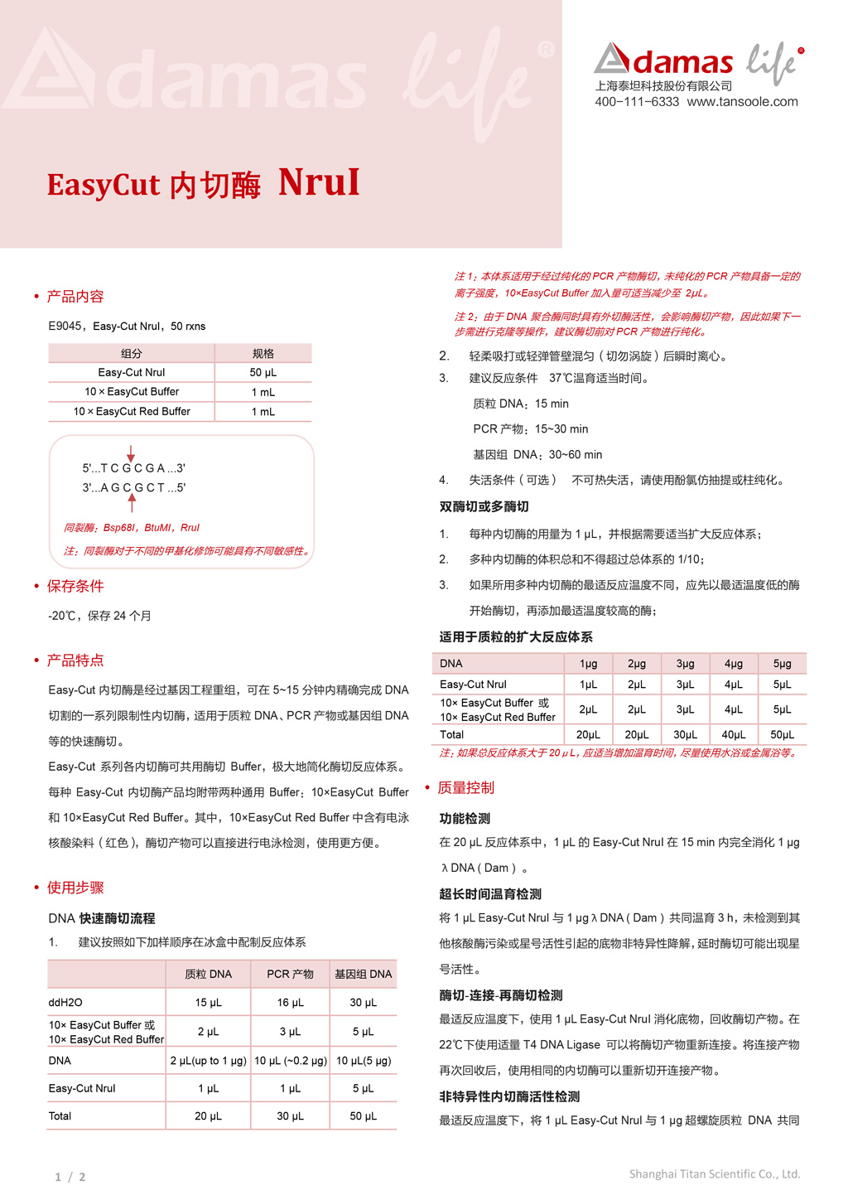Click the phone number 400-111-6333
click(636, 102)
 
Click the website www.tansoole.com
click(742, 102)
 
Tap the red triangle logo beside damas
click(611, 58)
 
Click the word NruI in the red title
click(319, 182)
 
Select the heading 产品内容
click(75, 297)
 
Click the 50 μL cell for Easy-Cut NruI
click(263, 373)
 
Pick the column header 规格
click(263, 354)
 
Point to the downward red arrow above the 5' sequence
click(131, 453)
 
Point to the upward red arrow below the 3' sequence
click(132, 501)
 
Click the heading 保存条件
click(75, 587)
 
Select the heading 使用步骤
click(75, 888)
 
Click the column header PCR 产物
click(290, 975)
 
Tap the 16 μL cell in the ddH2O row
click(290, 1003)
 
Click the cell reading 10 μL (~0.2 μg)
click(290, 1061)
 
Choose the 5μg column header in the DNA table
click(782, 664)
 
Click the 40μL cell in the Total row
click(733, 735)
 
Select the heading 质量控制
click(465, 788)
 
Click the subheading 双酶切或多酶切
click(484, 507)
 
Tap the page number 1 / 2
click(70, 1177)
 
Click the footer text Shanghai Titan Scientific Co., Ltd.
click(714, 1174)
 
